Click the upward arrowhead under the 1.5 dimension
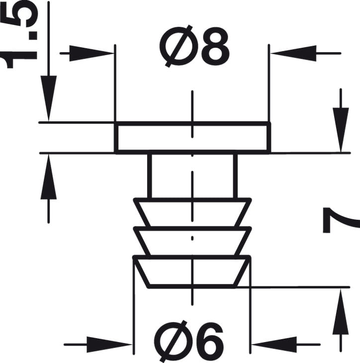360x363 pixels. coord(48,179)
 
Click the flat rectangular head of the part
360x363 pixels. coord(192,138)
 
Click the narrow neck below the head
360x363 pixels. coord(192,175)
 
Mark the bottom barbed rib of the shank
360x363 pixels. coord(192,272)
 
